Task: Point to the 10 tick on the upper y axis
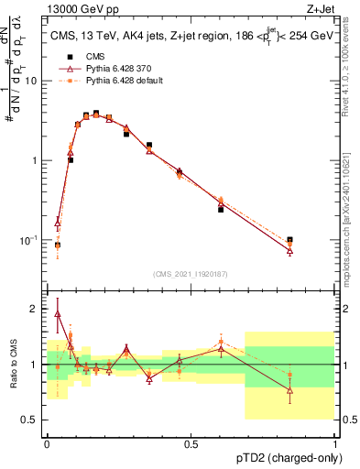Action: coord(34,81)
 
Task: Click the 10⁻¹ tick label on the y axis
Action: coord(30,240)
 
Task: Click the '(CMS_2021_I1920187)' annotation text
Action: coord(191,273)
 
